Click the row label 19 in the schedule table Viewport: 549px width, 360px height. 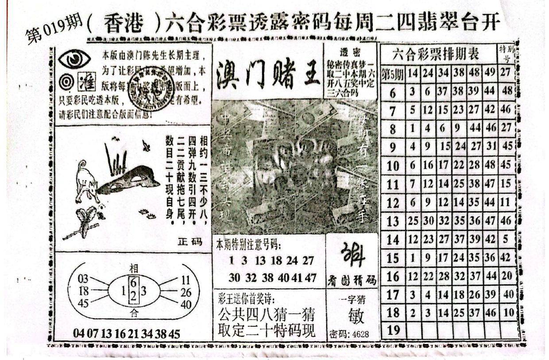[x=393, y=330]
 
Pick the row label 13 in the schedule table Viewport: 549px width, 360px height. [x=393, y=221]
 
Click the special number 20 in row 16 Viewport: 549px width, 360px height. [x=506, y=276]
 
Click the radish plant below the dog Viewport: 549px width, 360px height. [x=85, y=221]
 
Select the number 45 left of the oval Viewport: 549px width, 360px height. [x=83, y=303]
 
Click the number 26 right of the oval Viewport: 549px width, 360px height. [x=186, y=292]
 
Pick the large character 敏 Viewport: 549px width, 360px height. [x=353, y=316]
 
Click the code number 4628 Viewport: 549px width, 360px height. [x=359, y=333]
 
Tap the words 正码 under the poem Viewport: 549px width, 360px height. [x=190, y=242]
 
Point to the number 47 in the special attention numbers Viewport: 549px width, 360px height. [x=310, y=278]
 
